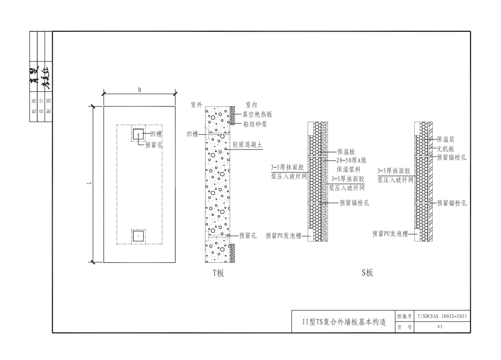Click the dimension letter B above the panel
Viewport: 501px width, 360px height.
(x=140, y=90)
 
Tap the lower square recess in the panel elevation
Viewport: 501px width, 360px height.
(x=138, y=235)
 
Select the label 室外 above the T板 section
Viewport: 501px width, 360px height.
(x=196, y=105)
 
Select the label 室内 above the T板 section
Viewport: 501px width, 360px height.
(x=251, y=105)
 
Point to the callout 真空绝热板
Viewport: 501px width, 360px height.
(x=258, y=115)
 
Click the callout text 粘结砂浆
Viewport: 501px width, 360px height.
(x=255, y=124)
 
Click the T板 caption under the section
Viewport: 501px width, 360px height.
(x=218, y=273)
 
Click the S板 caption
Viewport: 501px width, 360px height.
(x=367, y=273)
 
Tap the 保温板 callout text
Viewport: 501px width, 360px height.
(x=345, y=152)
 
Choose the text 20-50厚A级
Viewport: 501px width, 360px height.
(x=351, y=160)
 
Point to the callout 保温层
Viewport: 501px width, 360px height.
(x=445, y=140)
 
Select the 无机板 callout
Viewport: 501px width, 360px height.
(x=445, y=149)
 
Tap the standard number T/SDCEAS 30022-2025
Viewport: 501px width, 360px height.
(x=442, y=316)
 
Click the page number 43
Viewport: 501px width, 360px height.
(x=440, y=327)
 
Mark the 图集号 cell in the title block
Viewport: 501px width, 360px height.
(x=404, y=316)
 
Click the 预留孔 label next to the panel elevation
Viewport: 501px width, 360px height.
(x=154, y=146)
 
